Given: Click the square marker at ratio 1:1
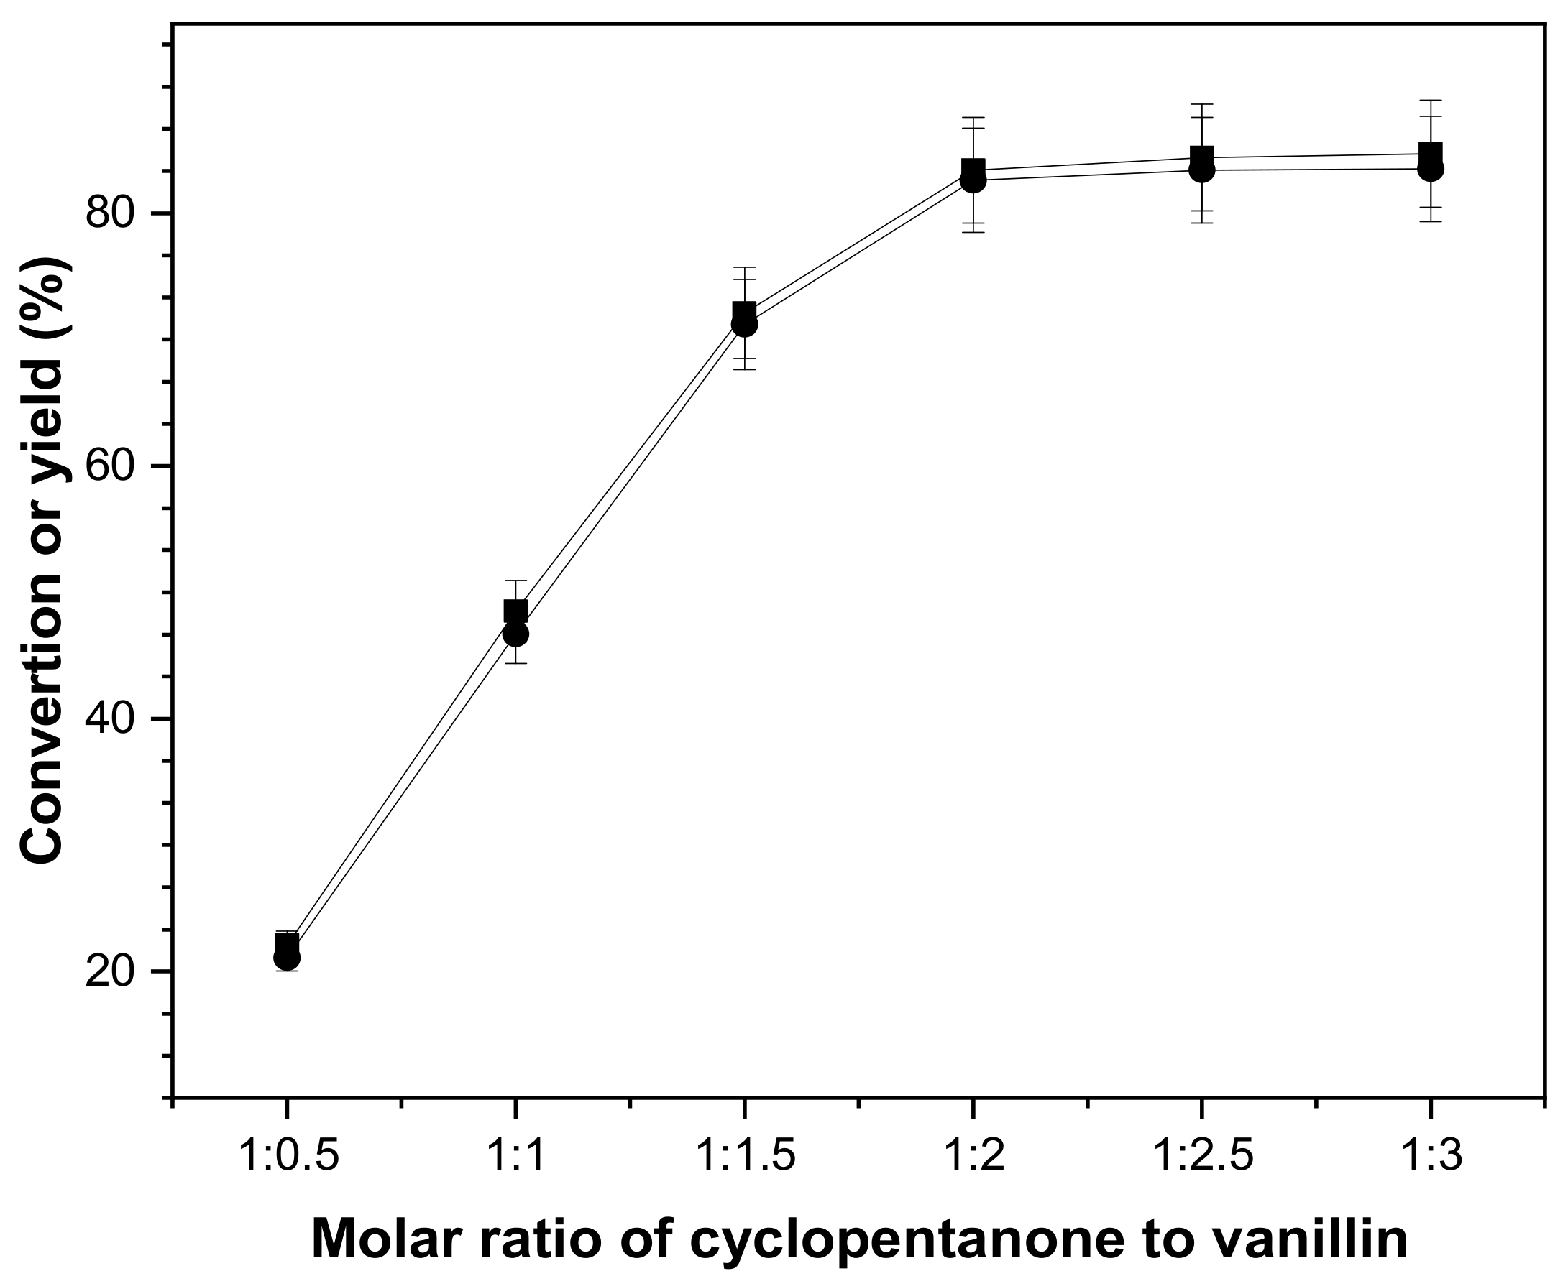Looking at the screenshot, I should tap(515, 611).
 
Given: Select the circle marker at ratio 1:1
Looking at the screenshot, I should tap(515, 634).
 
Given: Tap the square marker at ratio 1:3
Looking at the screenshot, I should tap(1430, 154).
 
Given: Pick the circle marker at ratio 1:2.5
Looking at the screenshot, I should tap(1201, 170).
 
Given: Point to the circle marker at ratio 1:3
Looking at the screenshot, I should tap(1430, 169).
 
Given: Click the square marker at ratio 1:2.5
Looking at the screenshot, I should tap(1201, 157).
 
